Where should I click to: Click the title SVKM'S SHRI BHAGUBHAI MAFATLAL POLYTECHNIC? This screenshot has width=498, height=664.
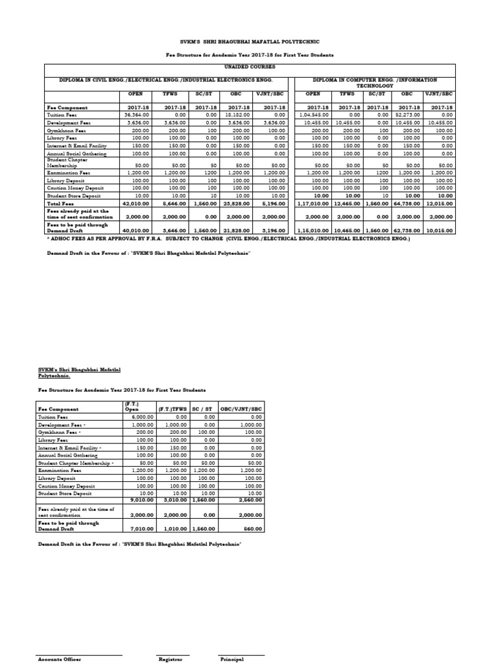(249, 41)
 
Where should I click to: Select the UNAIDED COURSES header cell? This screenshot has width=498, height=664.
(249, 66)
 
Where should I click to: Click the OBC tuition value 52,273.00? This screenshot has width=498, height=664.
(409, 114)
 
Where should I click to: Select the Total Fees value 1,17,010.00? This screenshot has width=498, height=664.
(314, 203)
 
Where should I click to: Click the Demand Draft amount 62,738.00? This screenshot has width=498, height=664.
(409, 230)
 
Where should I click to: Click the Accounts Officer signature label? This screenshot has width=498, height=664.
(59, 659)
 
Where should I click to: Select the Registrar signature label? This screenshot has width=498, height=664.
(171, 659)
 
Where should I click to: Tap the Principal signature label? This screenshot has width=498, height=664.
(232, 659)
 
